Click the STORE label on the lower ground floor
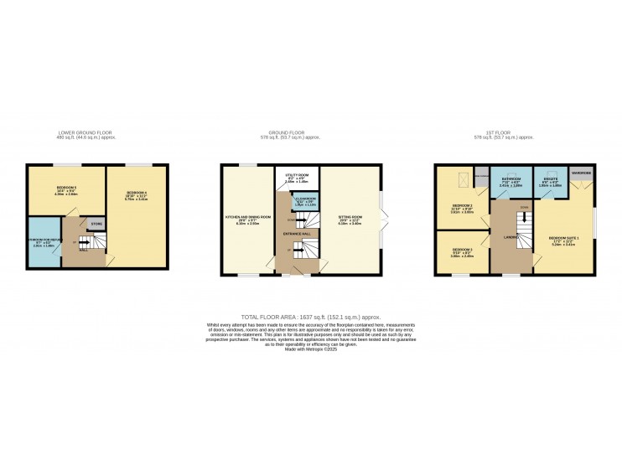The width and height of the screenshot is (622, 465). coord(96,224)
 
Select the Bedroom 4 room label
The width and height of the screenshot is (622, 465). coord(137,195)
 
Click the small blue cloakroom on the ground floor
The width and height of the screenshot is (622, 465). coord(303,202)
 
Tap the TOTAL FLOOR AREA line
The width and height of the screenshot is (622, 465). coord(310,318)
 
